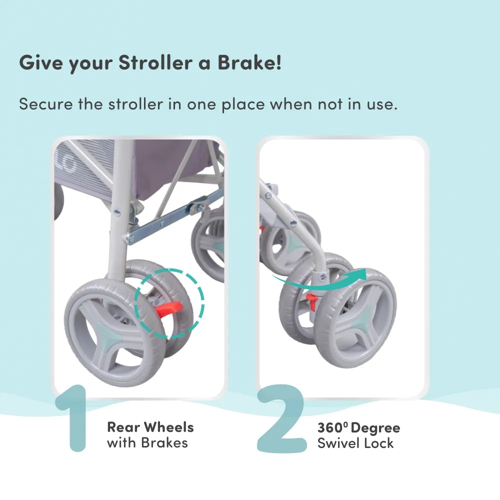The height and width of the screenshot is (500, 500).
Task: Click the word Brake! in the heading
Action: pos(249,62)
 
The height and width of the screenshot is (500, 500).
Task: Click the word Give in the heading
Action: pos(41,62)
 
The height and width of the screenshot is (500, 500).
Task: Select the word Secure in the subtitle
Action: pos(45,104)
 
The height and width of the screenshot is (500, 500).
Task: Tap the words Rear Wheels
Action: pos(150,427)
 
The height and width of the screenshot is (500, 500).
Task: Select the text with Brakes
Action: pos(147,442)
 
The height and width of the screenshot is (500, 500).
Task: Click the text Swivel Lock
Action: pos(355,443)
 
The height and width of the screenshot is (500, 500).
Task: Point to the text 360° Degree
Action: pos(358,427)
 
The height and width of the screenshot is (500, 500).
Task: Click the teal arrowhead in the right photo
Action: pos(359,274)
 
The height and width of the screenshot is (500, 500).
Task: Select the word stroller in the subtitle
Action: pos(135,104)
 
